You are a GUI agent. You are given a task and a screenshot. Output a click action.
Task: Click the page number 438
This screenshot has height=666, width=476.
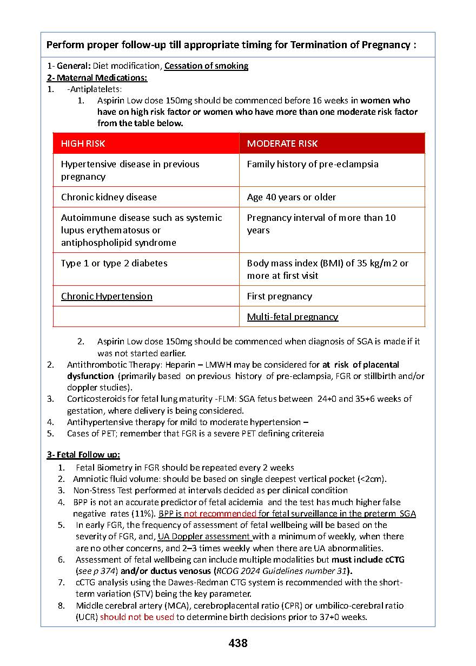[238, 643]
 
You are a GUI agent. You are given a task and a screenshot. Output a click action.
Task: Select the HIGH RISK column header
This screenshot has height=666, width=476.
[83, 143]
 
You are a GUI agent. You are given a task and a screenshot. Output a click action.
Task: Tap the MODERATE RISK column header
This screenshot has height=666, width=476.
[282, 143]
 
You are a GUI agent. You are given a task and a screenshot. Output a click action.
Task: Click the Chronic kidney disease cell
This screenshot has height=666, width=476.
[109, 197]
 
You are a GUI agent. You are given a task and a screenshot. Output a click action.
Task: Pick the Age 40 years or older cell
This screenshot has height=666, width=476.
[291, 197]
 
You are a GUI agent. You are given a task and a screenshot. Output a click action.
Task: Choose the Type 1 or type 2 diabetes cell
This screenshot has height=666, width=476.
[114, 263]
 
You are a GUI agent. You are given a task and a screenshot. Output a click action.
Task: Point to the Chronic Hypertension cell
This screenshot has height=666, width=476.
[107, 296]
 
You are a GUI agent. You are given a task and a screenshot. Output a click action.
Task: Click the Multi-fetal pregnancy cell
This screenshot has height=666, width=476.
[292, 317]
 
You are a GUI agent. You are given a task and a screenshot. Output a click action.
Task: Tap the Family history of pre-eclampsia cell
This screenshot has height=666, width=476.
[312, 164]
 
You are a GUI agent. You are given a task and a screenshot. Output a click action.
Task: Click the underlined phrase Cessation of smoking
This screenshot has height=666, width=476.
[206, 66]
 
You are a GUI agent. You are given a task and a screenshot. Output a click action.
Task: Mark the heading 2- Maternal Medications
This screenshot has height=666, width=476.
[97, 77]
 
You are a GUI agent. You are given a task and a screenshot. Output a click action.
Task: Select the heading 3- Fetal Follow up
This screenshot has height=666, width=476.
[83, 455]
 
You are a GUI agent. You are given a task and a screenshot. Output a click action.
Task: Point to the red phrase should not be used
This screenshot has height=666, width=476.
[137, 617]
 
